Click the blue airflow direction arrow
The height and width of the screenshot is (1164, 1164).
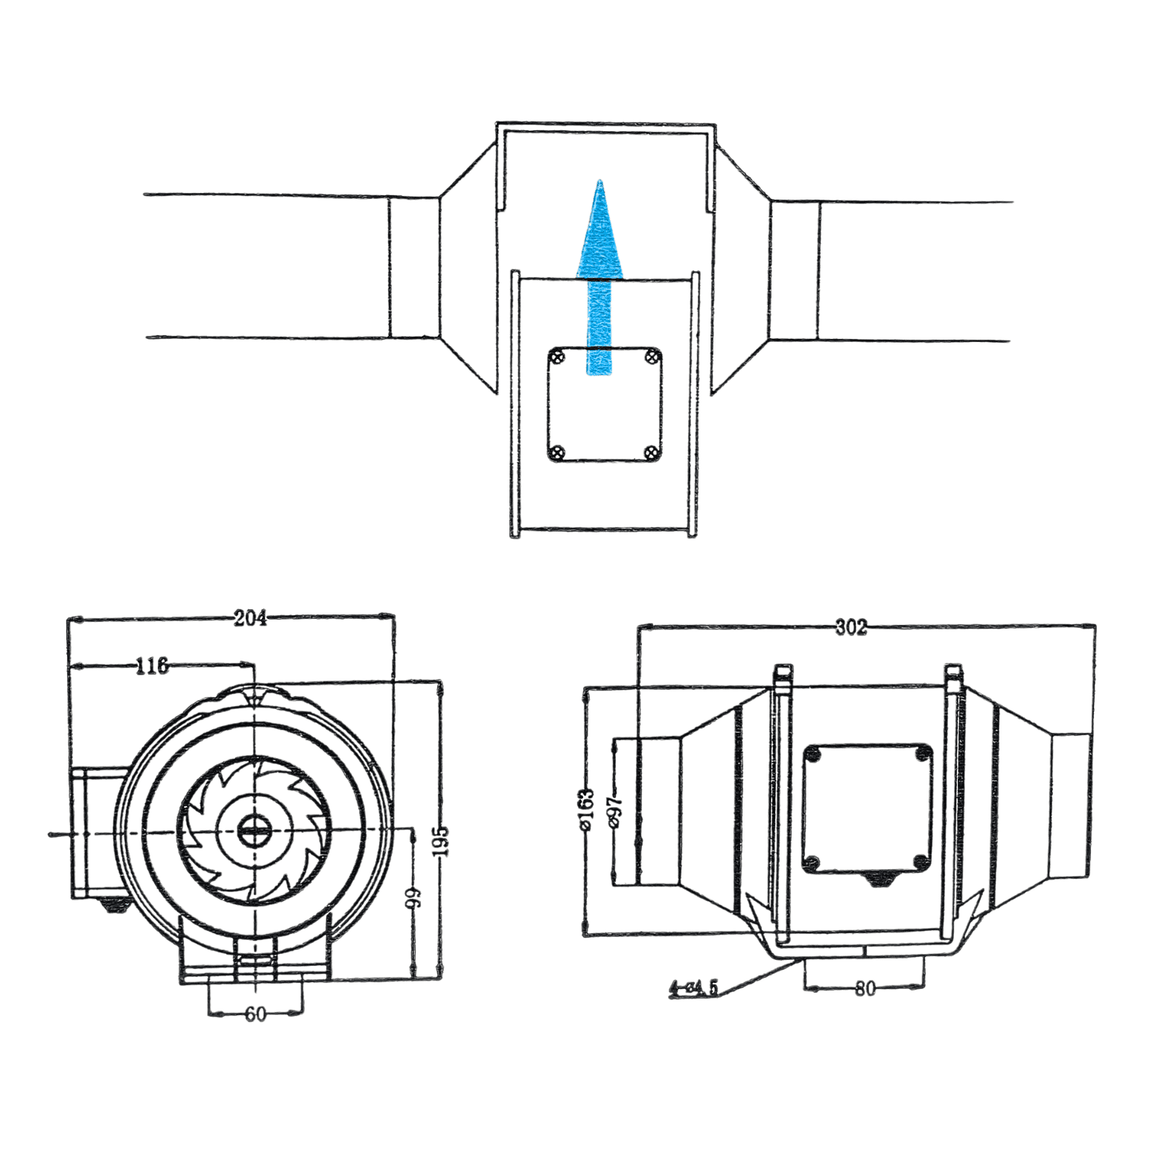click(x=600, y=283)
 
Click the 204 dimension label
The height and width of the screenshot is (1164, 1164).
click(x=250, y=618)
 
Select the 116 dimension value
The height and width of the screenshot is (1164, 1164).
click(x=152, y=665)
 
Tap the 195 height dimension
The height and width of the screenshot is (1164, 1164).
click(x=441, y=840)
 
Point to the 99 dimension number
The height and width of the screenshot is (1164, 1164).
click(x=413, y=897)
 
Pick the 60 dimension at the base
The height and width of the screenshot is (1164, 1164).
click(x=255, y=1014)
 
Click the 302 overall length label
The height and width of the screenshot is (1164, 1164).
click(x=850, y=627)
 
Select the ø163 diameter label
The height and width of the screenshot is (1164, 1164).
click(x=586, y=810)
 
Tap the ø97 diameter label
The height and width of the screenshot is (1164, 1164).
click(x=614, y=811)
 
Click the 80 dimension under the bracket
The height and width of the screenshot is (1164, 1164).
click(x=865, y=988)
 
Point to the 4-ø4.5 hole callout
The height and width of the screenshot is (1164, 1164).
click(x=693, y=988)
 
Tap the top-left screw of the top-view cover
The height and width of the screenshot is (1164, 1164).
click(x=557, y=358)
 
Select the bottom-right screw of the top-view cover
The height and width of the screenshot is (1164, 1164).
click(x=650, y=452)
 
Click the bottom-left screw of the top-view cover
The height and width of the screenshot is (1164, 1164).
click(x=557, y=452)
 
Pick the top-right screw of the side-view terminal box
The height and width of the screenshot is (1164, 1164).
click(x=922, y=754)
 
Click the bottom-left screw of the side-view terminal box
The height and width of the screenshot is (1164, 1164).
click(x=812, y=863)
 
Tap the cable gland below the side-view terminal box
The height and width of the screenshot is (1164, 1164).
click(x=882, y=880)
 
